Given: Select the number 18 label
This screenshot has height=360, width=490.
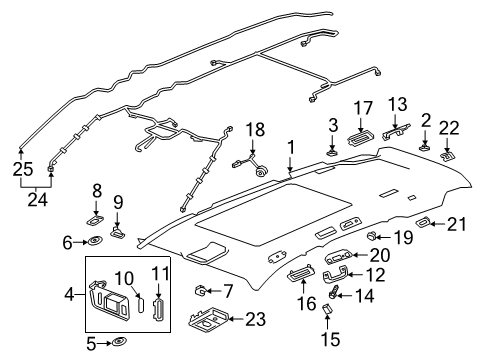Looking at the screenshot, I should point(256,130).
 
